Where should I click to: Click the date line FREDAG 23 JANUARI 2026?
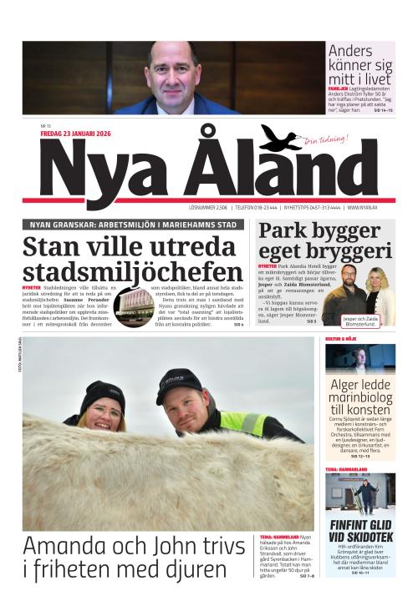coord(75,134)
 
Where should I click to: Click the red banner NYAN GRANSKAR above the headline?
coord(134,225)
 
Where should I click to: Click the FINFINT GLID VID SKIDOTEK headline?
coord(360,530)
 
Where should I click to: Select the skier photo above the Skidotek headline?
coord(360,496)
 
